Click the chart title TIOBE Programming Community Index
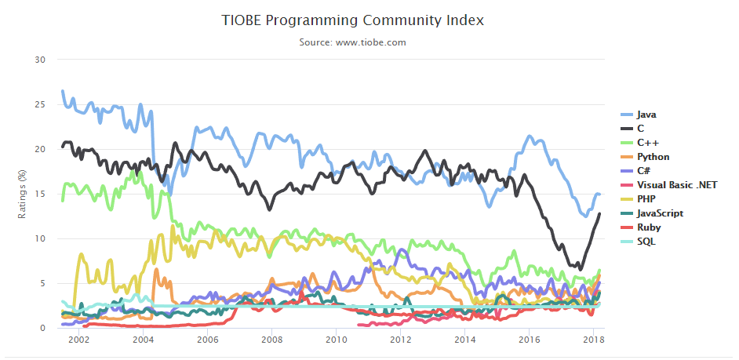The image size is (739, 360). [352, 20]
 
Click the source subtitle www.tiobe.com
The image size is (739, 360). [352, 42]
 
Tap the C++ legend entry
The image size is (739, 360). [647, 142]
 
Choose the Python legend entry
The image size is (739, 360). [653, 157]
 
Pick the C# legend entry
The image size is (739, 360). [644, 171]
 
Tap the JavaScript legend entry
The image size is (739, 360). [659, 213]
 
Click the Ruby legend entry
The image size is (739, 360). [648, 227]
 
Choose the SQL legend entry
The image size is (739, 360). [646, 242]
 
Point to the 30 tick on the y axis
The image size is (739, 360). [41, 60]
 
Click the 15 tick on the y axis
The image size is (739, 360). [41, 194]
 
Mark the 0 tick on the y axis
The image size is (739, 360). [43, 328]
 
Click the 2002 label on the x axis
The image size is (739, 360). [78, 340]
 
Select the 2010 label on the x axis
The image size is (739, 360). [337, 340]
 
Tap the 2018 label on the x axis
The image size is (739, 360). [594, 340]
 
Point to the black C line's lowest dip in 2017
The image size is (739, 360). [580, 268]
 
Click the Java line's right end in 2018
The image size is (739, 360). [599, 194]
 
